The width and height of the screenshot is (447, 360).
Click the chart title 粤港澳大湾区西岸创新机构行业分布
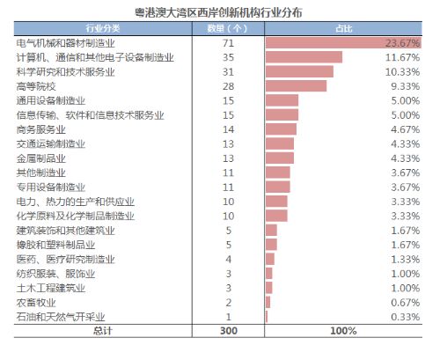[x=223, y=13]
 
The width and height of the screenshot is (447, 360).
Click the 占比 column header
[x=344, y=28]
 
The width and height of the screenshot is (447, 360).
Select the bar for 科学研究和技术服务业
[x=299, y=71]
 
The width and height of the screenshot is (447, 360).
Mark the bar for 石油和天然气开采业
[x=267, y=316]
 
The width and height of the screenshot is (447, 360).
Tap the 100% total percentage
[x=344, y=331]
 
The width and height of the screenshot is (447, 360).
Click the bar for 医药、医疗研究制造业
[x=270, y=259]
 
